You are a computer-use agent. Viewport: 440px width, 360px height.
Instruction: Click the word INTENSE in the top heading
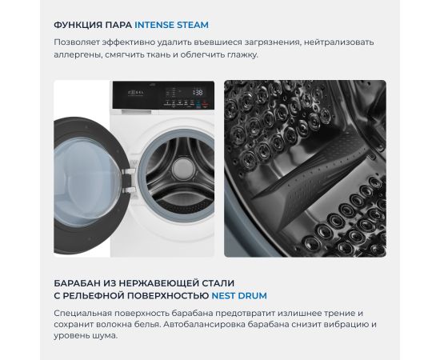point(154,25)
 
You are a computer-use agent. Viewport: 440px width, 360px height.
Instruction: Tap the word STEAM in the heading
point(191,25)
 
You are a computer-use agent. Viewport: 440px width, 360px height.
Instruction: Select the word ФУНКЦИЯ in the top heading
point(78,25)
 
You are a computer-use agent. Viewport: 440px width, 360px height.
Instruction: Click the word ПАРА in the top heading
point(118,25)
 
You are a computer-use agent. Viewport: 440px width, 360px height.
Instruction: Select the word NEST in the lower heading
point(223,296)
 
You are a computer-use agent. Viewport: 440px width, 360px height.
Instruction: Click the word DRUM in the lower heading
point(252,296)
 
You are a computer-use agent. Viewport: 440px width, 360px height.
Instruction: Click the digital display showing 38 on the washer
point(198,92)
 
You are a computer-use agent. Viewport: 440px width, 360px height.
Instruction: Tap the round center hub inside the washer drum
point(183,169)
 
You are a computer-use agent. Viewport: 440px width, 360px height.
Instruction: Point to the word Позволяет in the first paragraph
point(77,42)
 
